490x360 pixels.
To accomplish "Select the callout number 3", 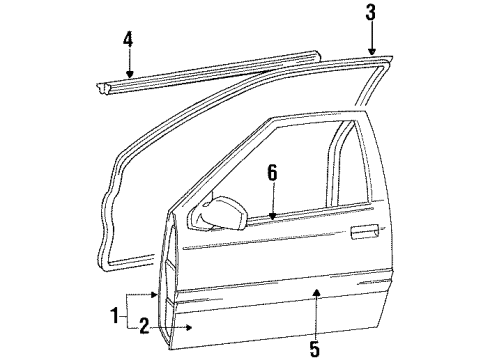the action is pyautogui.click(x=370, y=14).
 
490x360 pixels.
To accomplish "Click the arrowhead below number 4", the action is pyautogui.click(x=129, y=72).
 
